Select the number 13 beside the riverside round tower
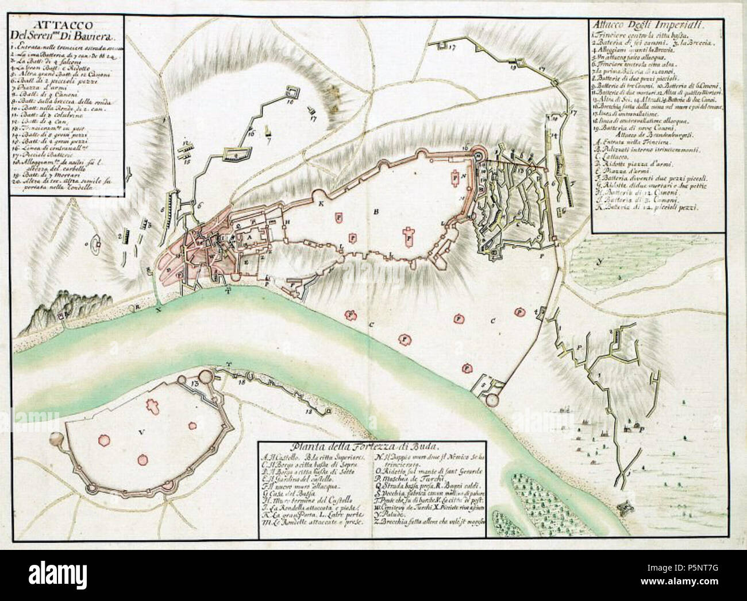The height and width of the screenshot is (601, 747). [x=195, y=382]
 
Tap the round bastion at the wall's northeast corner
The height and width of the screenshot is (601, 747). [x=478, y=152]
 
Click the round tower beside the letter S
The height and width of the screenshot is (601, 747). [x=492, y=400]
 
